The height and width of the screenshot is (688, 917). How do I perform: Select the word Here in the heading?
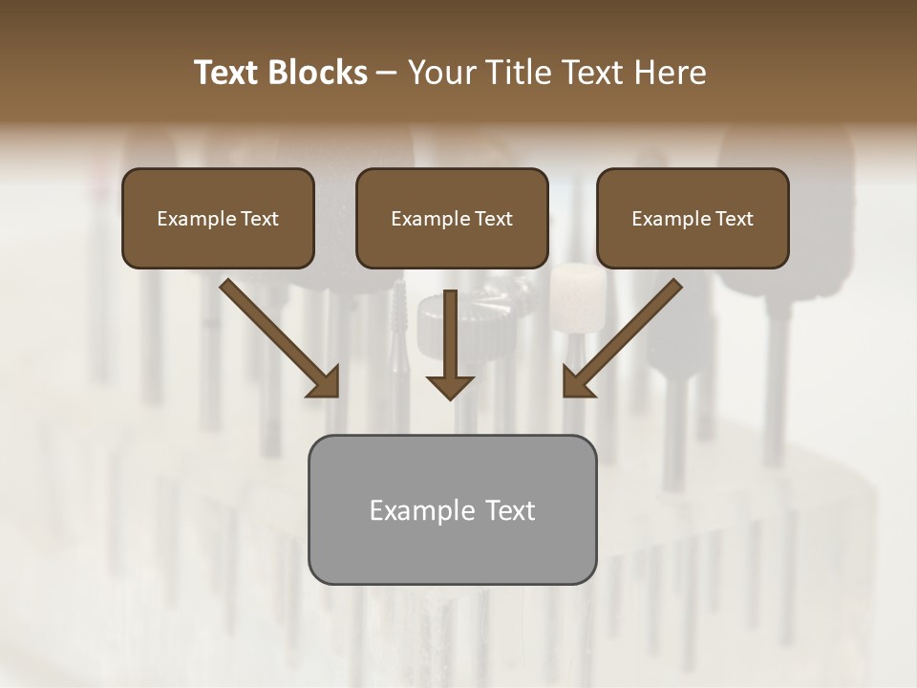tap(669, 73)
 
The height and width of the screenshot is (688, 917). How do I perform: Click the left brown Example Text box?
tap(218, 218)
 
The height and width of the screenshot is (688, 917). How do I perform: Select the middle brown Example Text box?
tap(452, 218)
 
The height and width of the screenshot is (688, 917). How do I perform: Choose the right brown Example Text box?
tap(693, 218)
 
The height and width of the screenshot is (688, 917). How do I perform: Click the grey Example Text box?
tap(452, 509)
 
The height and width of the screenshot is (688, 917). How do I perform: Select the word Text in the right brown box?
tap(735, 219)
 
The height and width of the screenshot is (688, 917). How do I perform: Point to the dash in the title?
tap(387, 74)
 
